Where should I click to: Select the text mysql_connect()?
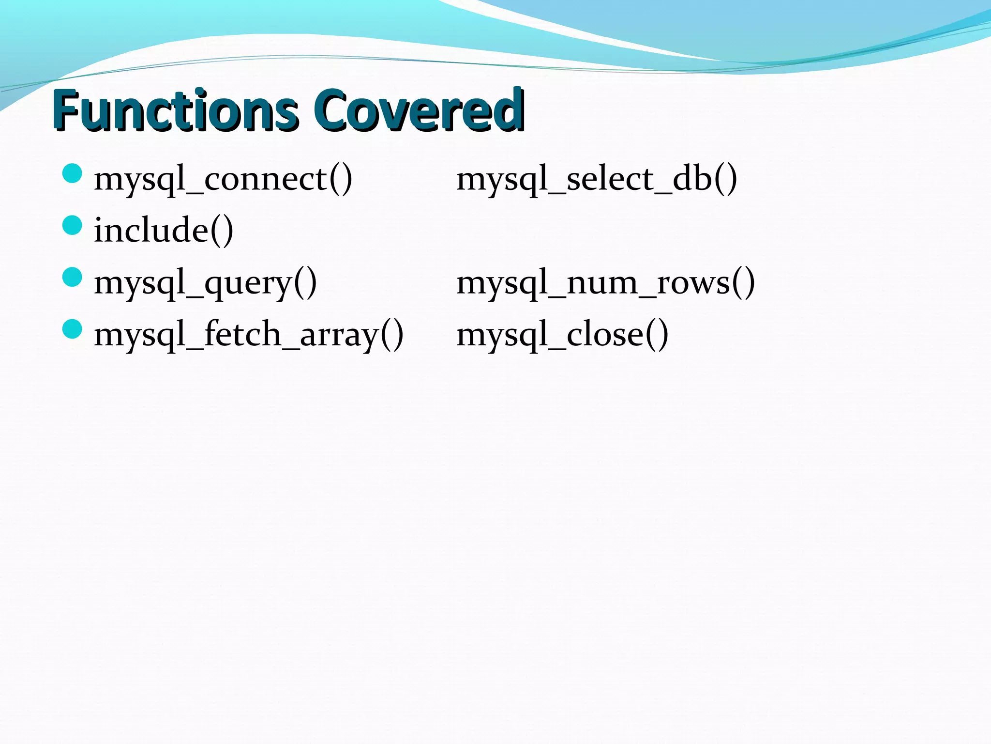pyautogui.click(x=223, y=179)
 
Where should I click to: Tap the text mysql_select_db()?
pyautogui.click(x=597, y=179)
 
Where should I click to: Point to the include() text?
pyautogui.click(x=164, y=231)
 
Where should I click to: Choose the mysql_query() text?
pyautogui.click(x=205, y=283)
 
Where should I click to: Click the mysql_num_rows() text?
pyautogui.click(x=605, y=283)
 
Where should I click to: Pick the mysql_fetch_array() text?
pyautogui.click(x=249, y=335)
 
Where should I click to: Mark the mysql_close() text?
pyautogui.click(x=562, y=335)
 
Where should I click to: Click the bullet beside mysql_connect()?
pyautogui.click(x=73, y=173)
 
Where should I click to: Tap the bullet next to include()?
pyautogui.click(x=73, y=225)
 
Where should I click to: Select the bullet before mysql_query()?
pyautogui.click(x=73, y=277)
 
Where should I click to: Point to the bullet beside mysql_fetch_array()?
pyautogui.click(x=73, y=329)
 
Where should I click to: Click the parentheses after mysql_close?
pyautogui.click(x=657, y=335)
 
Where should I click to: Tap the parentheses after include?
pyautogui.click(x=222, y=232)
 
